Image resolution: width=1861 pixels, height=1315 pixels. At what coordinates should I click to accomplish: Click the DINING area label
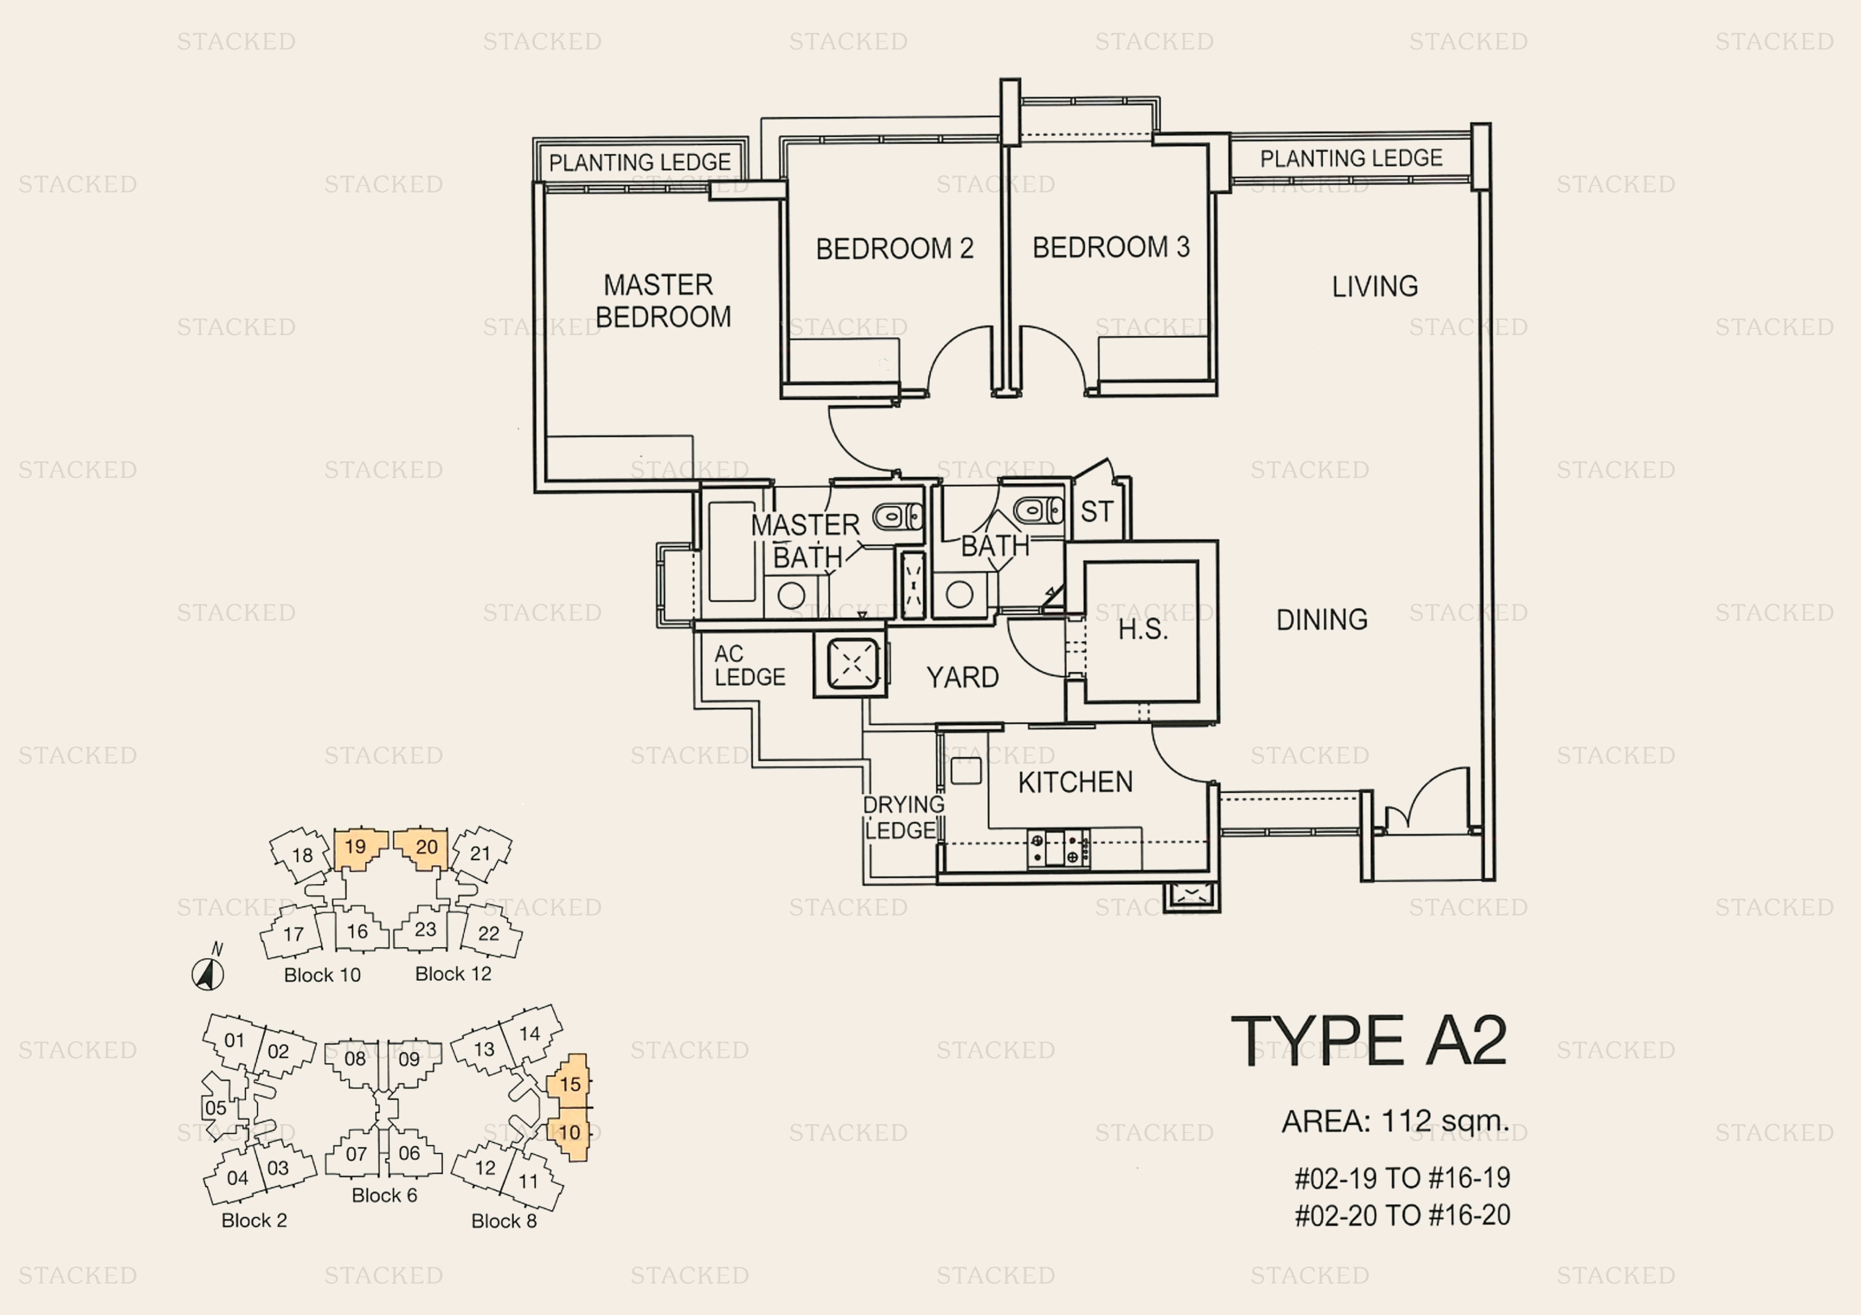(1322, 620)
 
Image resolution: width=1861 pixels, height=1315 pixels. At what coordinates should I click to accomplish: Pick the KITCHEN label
(1075, 782)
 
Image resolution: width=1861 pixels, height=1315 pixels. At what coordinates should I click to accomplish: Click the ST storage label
(1097, 512)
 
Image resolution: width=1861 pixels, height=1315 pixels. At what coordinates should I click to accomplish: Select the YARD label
(962, 677)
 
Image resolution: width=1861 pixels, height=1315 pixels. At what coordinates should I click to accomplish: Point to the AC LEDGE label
(749, 665)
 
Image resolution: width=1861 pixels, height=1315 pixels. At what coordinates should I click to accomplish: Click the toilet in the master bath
(897, 516)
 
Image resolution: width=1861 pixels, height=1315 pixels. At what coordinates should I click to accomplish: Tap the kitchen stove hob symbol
(1058, 848)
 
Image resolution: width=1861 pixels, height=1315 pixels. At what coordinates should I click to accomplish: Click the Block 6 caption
(384, 1195)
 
